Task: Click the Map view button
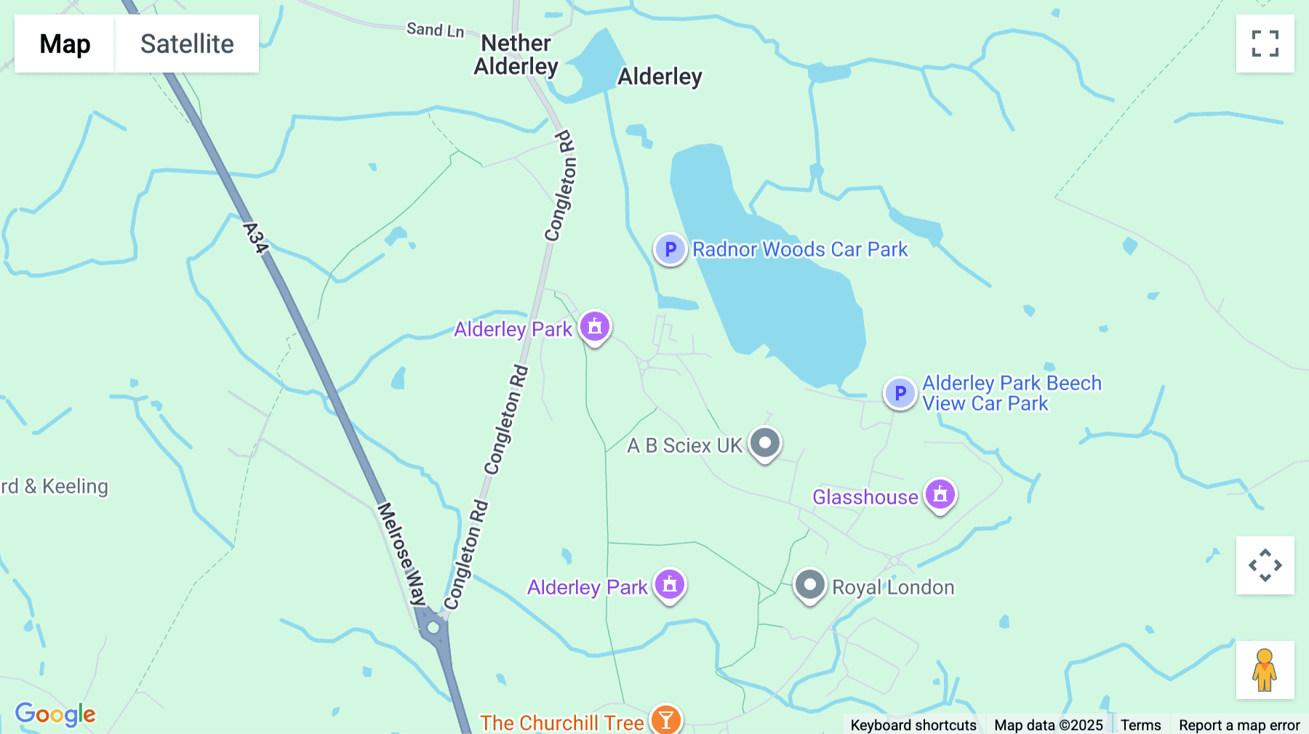pos(65,44)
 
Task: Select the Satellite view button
pos(187,44)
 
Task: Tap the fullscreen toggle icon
pos(1265,44)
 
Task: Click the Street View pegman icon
pos(1265,669)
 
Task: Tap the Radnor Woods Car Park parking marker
pos(670,249)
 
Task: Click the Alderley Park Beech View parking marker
pos(900,393)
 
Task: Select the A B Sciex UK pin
pos(764,443)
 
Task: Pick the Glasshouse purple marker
pos(940,495)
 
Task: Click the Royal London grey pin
pos(809,585)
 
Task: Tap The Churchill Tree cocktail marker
pos(665,720)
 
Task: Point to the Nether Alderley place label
pos(516,55)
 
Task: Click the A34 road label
pos(255,238)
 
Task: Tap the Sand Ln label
pos(435,30)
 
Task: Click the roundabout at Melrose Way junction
pos(434,627)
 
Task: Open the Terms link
pos(1140,725)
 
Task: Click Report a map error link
pos(1239,725)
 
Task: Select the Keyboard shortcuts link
pos(913,725)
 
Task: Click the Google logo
pos(55,714)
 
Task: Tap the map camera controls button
pos(1265,565)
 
